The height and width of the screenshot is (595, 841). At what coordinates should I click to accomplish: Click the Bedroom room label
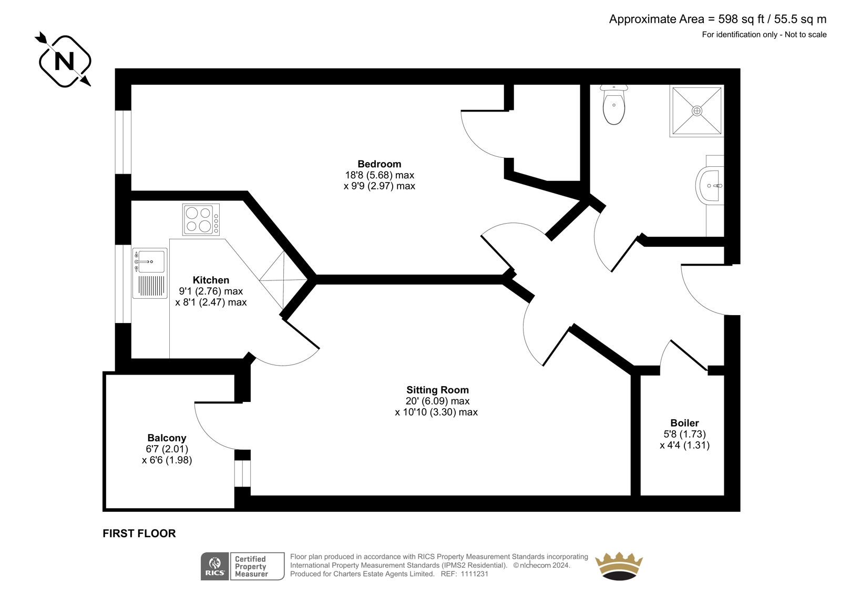point(379,164)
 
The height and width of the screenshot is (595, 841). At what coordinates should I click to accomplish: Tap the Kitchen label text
point(211,280)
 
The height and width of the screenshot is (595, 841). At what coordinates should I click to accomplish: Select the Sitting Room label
point(437,390)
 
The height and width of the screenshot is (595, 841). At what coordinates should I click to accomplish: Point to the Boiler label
point(684,423)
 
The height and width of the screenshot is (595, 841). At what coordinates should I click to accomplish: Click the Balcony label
point(167,438)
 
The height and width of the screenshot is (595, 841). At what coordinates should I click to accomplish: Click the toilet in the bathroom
point(614,105)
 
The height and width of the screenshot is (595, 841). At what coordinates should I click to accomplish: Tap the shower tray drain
point(697,111)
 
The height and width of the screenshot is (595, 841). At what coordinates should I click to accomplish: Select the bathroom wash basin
point(709,186)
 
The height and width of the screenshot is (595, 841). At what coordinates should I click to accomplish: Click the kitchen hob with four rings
point(201,219)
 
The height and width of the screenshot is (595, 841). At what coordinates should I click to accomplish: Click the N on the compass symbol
point(64,61)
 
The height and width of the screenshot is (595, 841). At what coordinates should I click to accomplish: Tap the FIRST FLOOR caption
point(139,533)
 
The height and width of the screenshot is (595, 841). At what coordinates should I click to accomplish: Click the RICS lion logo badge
point(215,567)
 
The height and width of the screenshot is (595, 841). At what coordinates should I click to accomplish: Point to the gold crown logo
point(619,567)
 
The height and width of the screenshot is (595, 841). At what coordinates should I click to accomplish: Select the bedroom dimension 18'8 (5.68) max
point(380,175)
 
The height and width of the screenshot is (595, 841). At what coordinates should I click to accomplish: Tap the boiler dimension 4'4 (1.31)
point(685,446)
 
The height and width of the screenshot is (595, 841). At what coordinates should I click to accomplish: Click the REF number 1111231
point(475,574)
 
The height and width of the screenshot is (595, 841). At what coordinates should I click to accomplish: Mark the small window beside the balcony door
point(242,473)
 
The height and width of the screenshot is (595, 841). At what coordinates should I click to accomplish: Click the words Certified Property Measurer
point(251,567)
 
